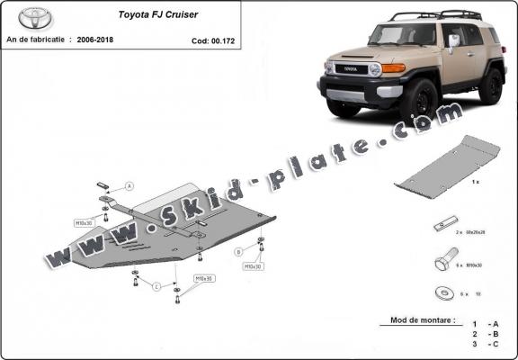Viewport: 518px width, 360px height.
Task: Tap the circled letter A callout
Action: (129, 185)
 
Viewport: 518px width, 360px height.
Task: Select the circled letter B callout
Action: (237, 251)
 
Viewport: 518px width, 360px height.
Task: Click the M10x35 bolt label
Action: (203, 278)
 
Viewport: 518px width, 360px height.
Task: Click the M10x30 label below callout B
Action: (253, 266)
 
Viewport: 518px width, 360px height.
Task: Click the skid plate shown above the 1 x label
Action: (447, 161)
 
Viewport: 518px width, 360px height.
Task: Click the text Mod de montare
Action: (423, 319)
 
